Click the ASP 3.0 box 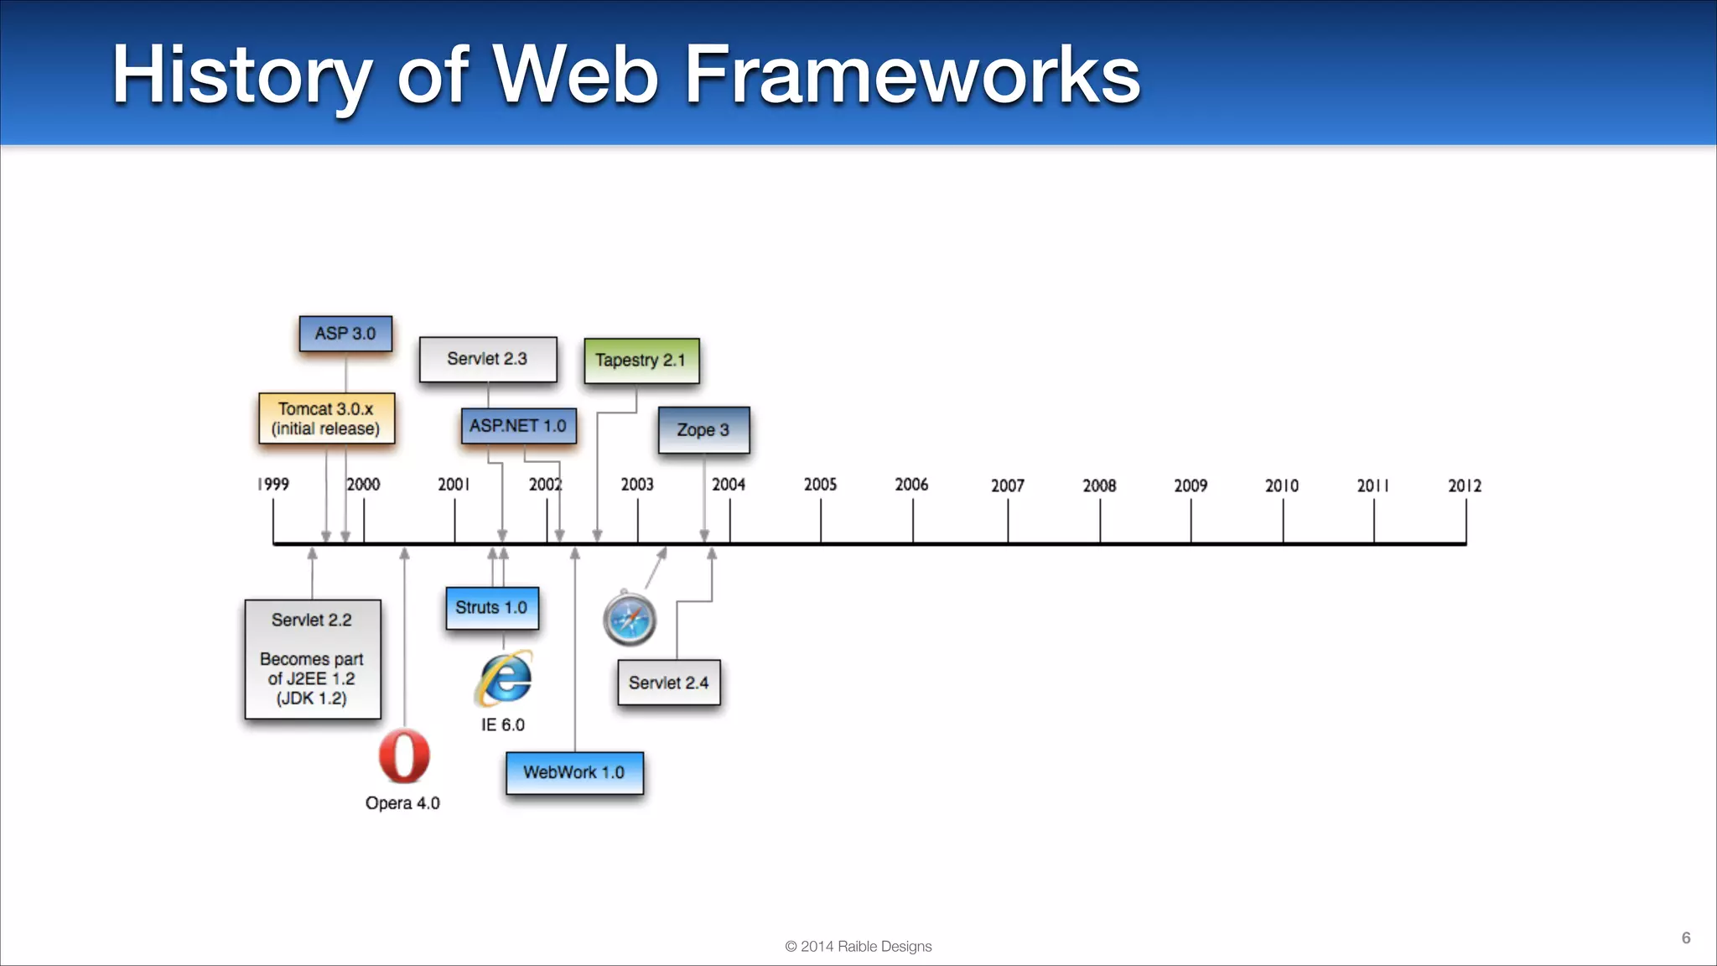pos(345,334)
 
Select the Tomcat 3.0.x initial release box pos(326,418)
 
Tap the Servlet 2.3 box pos(487,359)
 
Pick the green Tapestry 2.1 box pos(641,361)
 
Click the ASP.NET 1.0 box pos(518,426)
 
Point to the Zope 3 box pos(703,430)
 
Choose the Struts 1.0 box pos(491,608)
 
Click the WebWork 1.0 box pos(574,772)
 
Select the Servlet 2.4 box pos(668,683)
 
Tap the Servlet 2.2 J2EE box pos(312,659)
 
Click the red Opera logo pos(404,756)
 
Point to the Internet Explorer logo pos(505,678)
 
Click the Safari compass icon pos(630,620)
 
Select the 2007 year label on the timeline pos(1007,486)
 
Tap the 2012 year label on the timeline pos(1464,486)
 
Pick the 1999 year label pos(273,485)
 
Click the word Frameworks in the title pos(912,75)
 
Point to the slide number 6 pos(1685,937)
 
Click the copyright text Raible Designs pos(858,946)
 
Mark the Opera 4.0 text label pos(402,803)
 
